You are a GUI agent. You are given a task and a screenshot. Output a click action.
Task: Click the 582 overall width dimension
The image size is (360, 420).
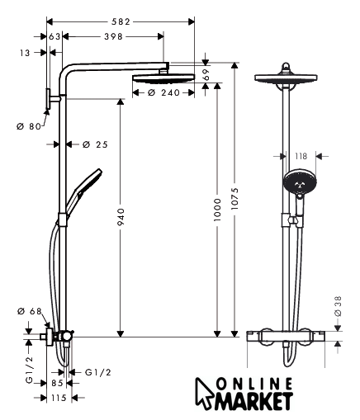[x=121, y=21]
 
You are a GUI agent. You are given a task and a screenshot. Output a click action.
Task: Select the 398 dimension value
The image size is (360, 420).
[x=113, y=36]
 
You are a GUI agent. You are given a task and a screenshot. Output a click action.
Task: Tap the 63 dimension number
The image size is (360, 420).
[x=54, y=36]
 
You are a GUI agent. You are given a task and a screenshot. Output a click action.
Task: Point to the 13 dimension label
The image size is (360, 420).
[x=25, y=53]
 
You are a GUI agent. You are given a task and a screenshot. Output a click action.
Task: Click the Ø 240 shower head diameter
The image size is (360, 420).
[x=163, y=92]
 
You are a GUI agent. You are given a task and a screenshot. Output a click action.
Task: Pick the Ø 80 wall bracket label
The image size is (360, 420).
[x=29, y=126]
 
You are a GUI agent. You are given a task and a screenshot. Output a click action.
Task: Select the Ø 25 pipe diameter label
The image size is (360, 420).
[x=95, y=144]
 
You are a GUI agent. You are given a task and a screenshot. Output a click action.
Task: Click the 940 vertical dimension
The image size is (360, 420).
[x=121, y=217]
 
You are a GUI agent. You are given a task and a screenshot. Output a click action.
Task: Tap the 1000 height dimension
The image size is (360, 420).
[x=217, y=210]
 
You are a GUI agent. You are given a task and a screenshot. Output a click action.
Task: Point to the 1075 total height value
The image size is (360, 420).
[x=234, y=199]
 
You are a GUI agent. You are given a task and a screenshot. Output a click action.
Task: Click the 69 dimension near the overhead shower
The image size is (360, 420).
[x=206, y=74]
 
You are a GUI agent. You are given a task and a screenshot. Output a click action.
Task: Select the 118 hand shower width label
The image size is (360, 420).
[x=301, y=156]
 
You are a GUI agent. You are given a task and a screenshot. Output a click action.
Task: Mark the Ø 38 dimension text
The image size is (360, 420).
[x=338, y=306]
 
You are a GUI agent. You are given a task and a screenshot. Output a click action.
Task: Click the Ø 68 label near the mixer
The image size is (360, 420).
[x=29, y=311]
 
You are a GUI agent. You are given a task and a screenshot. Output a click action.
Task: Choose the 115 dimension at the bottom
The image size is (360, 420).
[x=59, y=398]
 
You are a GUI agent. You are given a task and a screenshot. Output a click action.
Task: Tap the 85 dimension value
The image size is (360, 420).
[x=57, y=383]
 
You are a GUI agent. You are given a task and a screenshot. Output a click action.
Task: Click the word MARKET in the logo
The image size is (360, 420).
[x=254, y=401]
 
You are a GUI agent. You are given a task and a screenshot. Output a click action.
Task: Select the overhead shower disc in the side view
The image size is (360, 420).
[x=163, y=78]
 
